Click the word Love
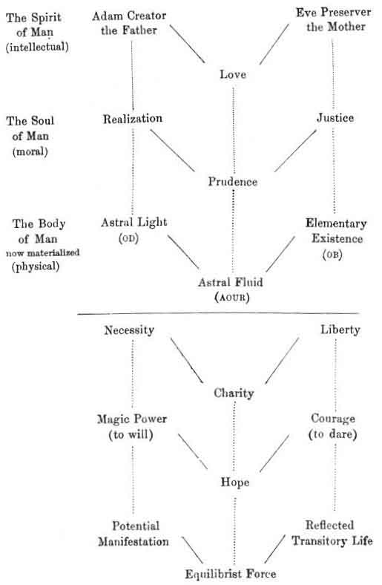pyautogui.click(x=233, y=74)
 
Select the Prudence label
pyautogui.click(x=233, y=182)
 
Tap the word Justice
pyautogui.click(x=335, y=118)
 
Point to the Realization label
pyautogui.click(x=133, y=119)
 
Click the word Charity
pyautogui.click(x=234, y=393)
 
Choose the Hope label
pyautogui.click(x=235, y=482)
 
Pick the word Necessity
pyautogui.click(x=129, y=330)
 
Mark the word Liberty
pyautogui.click(x=340, y=330)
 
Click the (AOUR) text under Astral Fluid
pyautogui.click(x=232, y=298)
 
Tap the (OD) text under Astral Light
pyautogui.click(x=128, y=238)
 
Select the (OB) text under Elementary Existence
pyautogui.click(x=332, y=255)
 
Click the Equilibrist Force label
pyautogui.click(x=231, y=573)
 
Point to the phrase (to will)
pyautogui.click(x=131, y=434)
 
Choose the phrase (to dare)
pyautogui.click(x=333, y=434)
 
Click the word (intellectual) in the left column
pyautogui.click(x=37, y=47)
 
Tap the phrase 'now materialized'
pyautogui.click(x=42, y=252)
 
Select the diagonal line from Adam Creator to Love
pyautogui.click(x=188, y=44)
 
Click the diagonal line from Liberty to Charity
pyautogui.click(x=282, y=361)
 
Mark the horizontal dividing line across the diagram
pyautogui.click(x=218, y=314)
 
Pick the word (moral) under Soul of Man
pyautogui.click(x=30, y=152)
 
